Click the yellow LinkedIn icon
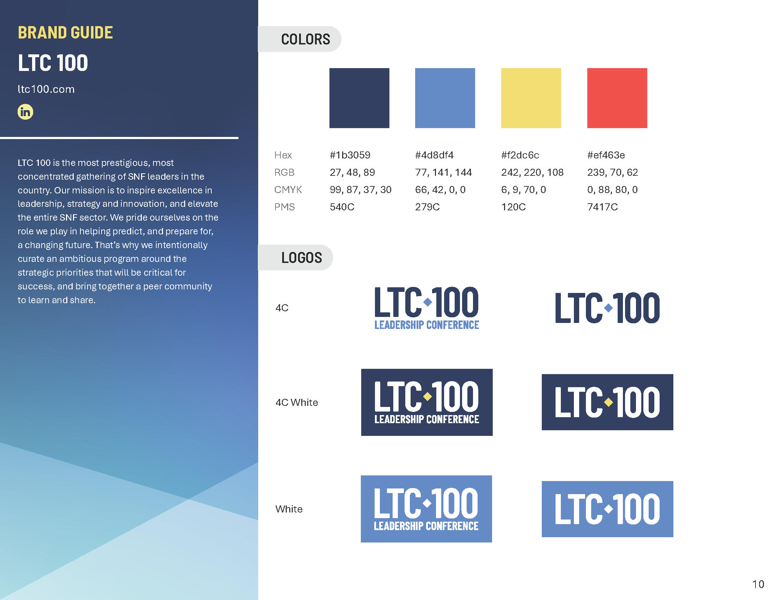point(25,112)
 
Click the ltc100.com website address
point(46,89)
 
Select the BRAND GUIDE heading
point(65,32)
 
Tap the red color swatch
point(617,98)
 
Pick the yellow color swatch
point(531,98)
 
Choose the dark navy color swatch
point(359,98)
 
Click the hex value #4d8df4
point(434,155)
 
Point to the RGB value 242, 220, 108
point(532,172)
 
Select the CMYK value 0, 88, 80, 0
point(612,190)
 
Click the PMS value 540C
point(342,207)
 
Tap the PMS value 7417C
point(602,207)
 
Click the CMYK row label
point(288,190)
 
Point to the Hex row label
point(283,155)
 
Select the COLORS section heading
point(305,39)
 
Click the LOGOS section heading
point(302,258)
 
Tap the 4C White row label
point(297,402)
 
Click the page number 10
point(758,584)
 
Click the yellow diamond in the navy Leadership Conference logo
point(428,396)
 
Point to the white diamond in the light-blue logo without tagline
point(608,509)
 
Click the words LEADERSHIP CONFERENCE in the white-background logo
point(427,325)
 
